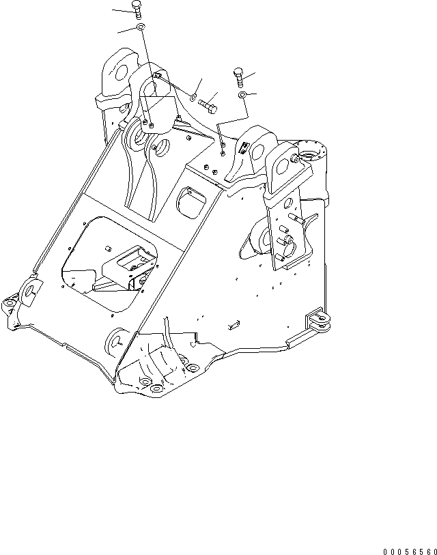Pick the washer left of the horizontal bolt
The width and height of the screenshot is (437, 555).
[x=193, y=96]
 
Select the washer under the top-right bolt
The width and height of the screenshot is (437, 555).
[x=242, y=95]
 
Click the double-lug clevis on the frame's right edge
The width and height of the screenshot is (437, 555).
[x=320, y=322]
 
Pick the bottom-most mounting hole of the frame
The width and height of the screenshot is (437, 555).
[x=156, y=390]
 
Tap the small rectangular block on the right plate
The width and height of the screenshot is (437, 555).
[x=232, y=322]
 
